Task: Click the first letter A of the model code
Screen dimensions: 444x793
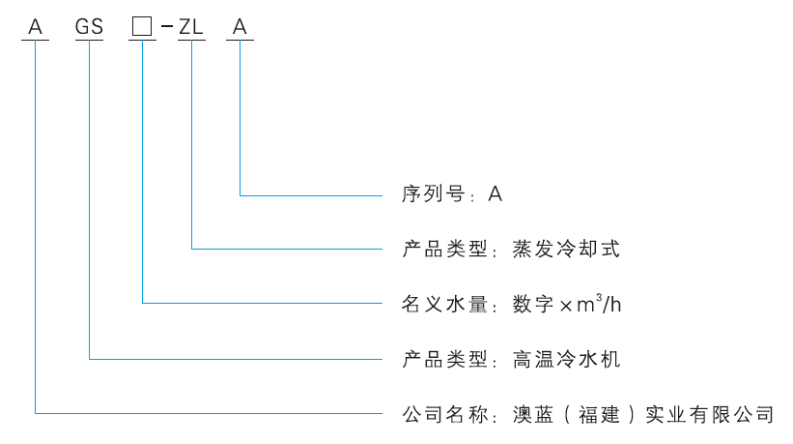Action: (x=36, y=27)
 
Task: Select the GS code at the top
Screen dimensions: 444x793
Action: (x=89, y=27)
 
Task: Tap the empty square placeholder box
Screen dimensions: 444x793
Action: (x=142, y=27)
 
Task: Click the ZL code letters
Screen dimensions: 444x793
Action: (x=191, y=27)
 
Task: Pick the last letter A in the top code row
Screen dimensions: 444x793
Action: (x=240, y=27)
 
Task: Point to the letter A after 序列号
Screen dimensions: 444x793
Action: (x=495, y=194)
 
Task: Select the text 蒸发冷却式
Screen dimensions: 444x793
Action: (x=565, y=250)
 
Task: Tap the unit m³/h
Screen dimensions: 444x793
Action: (x=600, y=304)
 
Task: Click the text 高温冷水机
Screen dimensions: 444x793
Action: (x=565, y=359)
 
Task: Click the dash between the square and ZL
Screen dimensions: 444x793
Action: (x=166, y=28)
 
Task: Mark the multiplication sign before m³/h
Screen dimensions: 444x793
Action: (x=565, y=305)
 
